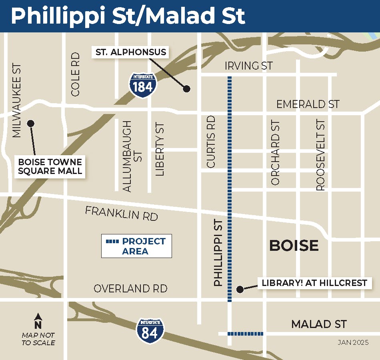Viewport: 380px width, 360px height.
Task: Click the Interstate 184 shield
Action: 142,83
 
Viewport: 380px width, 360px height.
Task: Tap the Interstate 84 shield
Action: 150,330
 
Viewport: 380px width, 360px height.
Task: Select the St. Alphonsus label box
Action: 131,52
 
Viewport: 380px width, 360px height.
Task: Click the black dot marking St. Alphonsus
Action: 186,89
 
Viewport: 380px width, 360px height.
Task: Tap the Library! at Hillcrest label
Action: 314,283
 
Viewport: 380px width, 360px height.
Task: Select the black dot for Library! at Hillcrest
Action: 239,289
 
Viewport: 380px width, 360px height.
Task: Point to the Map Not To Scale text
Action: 38,338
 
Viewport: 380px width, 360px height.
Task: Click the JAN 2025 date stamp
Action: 353,342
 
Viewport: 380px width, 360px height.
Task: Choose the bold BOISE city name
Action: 294,245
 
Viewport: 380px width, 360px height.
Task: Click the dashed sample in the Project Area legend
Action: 112,242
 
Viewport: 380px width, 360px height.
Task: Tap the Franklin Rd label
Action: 121,213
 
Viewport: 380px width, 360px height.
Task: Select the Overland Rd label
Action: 130,288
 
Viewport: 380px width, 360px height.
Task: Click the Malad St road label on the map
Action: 318,324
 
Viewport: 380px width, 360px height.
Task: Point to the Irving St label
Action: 248,66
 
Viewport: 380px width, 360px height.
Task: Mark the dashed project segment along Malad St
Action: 245,333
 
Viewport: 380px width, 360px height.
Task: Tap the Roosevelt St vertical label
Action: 321,155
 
